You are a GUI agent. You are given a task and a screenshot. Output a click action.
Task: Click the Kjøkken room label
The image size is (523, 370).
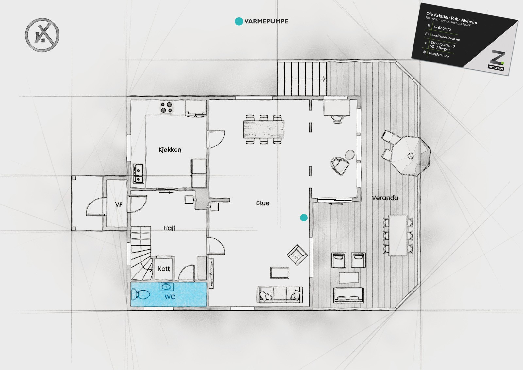pos(170,150)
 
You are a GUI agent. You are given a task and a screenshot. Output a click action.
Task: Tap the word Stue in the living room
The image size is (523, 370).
pos(263,203)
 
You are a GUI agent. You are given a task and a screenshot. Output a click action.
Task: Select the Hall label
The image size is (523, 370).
pos(169,228)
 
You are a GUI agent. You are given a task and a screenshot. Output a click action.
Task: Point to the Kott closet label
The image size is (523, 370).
pos(164,269)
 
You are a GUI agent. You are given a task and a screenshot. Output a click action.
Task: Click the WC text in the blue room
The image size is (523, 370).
pos(170,297)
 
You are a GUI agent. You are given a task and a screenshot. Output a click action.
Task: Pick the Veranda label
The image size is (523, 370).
pos(385,198)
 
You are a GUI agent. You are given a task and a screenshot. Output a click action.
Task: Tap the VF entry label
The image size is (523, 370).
pos(119,204)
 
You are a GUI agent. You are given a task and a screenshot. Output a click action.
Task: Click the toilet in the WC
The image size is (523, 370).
pos(140,294)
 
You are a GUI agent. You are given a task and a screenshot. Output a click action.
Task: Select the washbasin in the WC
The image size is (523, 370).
pos(166,287)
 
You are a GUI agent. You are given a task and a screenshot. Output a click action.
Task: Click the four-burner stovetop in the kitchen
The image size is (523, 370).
pos(166,107)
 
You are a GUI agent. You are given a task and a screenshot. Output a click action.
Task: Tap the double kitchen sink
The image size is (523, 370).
pos(138,173)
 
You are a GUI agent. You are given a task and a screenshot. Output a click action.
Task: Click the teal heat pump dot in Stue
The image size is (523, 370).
pos(304,218)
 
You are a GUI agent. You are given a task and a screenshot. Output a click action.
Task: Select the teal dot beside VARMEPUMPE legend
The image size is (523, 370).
pos(239,21)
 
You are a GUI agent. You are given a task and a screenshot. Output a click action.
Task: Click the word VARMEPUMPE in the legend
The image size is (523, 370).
pos(266,21)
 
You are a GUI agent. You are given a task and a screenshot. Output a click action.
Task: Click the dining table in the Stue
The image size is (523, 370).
pos(263,129)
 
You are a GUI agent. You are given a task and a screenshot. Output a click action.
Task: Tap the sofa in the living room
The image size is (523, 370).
pos(280,294)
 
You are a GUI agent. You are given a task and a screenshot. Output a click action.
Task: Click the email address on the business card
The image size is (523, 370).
pos(446,37)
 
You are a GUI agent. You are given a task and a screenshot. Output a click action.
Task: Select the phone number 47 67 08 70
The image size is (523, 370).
pos(442,28)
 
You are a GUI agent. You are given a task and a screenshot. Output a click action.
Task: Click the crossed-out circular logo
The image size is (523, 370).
pos(42,35)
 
